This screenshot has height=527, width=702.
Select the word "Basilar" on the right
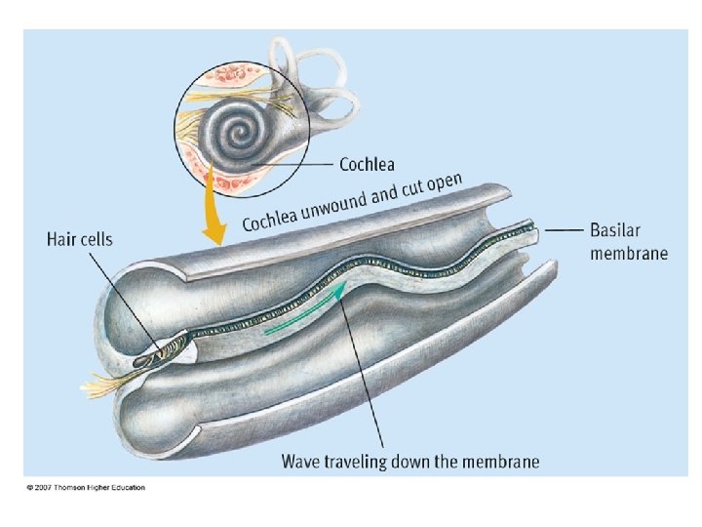coord(618,232)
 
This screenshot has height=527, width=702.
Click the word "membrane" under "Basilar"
coord(629,253)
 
